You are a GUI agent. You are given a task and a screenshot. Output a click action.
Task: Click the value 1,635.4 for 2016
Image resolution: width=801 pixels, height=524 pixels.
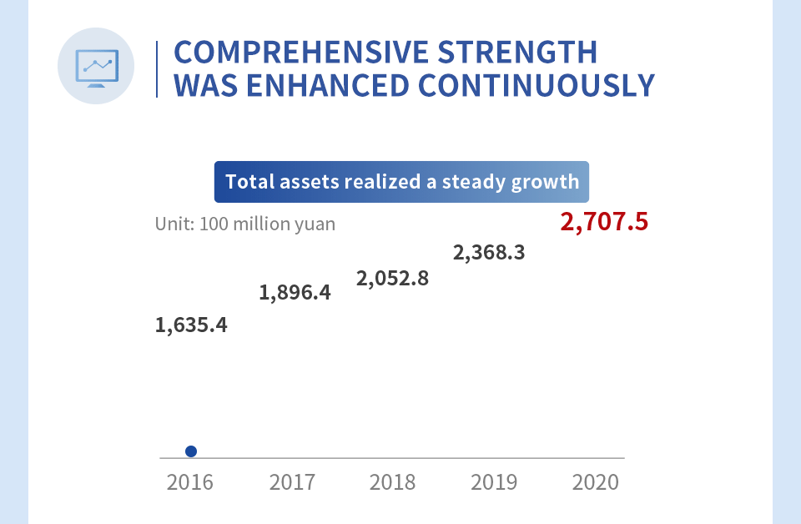click(x=191, y=325)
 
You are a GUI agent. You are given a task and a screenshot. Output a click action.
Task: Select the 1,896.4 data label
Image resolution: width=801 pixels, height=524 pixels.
click(x=295, y=293)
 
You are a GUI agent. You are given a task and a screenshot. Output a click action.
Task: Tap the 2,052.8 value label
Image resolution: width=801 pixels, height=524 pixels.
click(x=392, y=278)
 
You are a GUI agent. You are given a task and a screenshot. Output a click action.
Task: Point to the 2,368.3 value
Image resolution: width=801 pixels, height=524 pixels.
click(x=489, y=251)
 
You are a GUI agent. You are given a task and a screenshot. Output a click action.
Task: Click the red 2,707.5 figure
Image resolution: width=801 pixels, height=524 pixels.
click(x=604, y=223)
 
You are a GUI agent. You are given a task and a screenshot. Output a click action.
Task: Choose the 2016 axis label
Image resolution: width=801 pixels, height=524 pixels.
click(x=190, y=482)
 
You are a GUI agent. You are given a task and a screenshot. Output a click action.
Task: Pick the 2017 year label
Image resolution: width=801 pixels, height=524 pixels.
click(x=292, y=482)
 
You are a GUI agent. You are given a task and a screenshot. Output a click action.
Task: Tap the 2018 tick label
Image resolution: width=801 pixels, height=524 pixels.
click(x=392, y=482)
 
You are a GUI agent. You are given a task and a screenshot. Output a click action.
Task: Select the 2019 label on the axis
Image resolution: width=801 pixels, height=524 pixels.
click(x=494, y=482)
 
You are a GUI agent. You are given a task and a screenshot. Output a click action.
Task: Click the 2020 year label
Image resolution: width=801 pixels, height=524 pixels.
click(x=596, y=482)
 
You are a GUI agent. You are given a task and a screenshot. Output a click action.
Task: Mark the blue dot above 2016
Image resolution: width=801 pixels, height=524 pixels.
click(x=191, y=451)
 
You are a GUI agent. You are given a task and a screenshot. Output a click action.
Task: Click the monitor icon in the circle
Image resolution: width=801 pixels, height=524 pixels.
click(x=96, y=67)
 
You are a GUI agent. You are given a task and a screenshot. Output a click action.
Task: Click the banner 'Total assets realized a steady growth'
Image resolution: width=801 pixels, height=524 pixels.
click(x=401, y=182)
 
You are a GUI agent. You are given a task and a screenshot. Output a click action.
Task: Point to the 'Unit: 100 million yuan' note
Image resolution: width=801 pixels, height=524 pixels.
click(x=245, y=224)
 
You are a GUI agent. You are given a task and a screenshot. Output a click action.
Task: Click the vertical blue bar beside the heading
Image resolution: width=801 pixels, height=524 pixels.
click(x=157, y=68)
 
